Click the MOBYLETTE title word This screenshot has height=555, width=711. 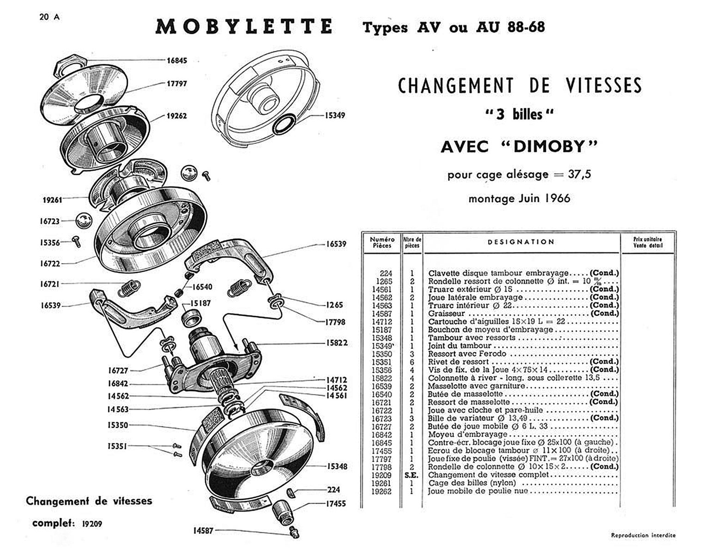(244, 27)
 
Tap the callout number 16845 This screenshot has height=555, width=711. (177, 61)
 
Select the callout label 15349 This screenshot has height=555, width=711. (335, 115)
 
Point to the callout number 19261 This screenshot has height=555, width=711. (52, 200)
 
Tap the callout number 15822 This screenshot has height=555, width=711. (337, 343)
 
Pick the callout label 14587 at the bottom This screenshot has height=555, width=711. (203, 530)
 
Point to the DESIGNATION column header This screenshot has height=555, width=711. (521, 242)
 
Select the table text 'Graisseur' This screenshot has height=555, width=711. (446, 314)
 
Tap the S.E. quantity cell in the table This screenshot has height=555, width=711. (411, 475)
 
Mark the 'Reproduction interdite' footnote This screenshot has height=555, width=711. (643, 535)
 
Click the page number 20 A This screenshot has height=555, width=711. (49, 17)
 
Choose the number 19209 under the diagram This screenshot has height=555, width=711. (92, 524)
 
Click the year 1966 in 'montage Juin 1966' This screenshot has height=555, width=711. (557, 198)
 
